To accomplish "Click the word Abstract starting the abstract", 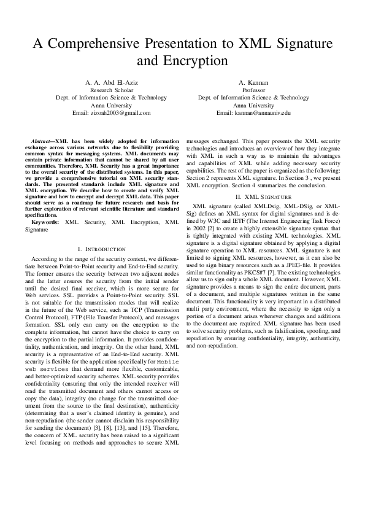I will click(x=41, y=141).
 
